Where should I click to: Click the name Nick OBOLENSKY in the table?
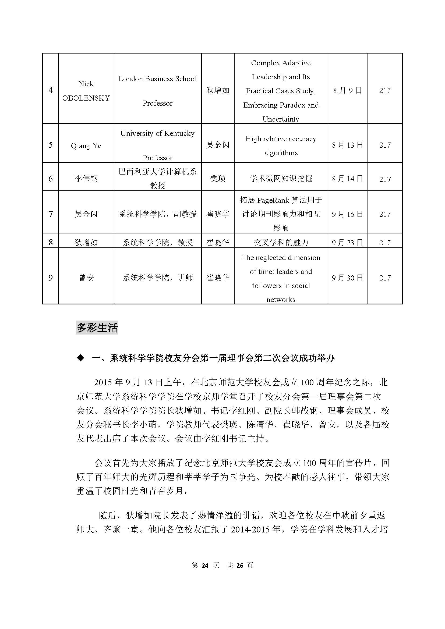pos(86,91)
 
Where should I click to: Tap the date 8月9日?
pos(347,90)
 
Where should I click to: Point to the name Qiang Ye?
pos(86,145)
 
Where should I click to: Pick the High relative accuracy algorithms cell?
pos(281,145)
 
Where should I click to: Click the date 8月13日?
pos(347,145)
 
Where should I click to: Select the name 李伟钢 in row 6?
pos(86,179)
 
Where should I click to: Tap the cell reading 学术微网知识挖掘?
pos(281,179)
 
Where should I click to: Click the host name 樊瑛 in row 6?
pos(218,179)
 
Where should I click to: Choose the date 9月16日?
pos(347,214)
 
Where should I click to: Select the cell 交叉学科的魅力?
pos(281,243)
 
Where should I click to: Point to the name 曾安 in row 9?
pos(86,278)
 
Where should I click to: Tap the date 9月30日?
pos(347,278)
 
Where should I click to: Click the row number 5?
pos(50,145)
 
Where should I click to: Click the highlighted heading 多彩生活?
pos(97,328)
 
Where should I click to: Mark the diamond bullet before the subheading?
pos(80,358)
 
